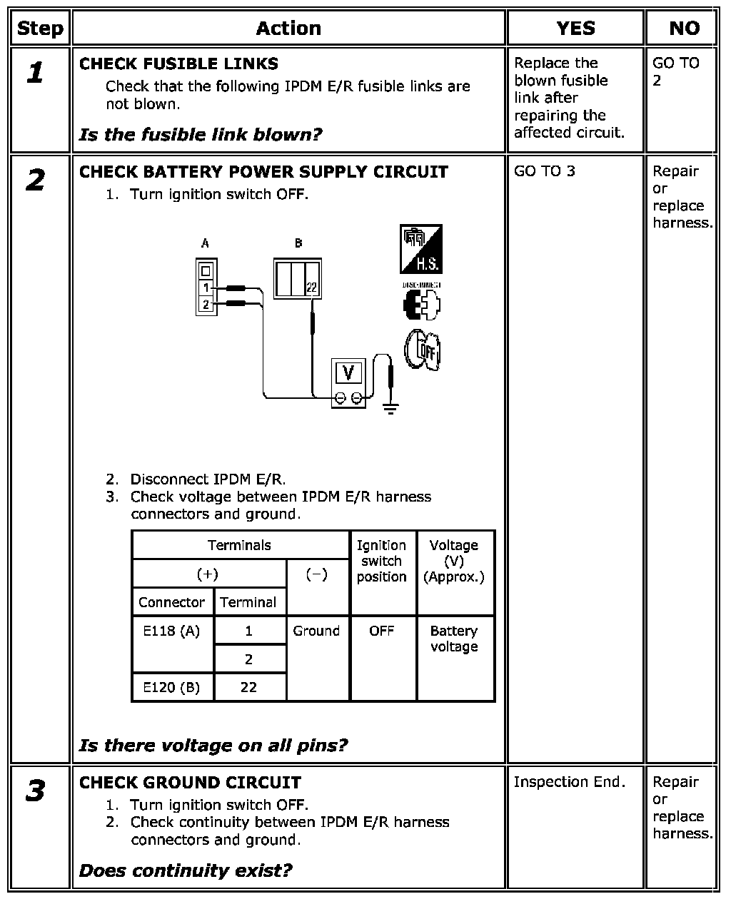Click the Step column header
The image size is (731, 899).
[40, 29]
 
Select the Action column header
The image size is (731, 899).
[288, 29]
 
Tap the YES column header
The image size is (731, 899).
[575, 29]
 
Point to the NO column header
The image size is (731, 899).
[684, 29]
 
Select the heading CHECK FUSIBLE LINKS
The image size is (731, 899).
[178, 64]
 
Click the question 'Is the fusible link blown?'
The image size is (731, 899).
[201, 134]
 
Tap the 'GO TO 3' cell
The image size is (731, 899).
[544, 171]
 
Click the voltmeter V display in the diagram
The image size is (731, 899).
[348, 372]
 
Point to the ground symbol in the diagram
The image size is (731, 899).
[390, 408]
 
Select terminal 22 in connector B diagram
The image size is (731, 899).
[311, 288]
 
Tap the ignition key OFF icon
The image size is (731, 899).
[422, 350]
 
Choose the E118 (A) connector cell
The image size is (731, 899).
[171, 631]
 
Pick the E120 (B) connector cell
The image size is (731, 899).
[171, 687]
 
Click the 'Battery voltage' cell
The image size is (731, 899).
[454, 639]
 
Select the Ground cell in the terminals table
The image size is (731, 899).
[316, 631]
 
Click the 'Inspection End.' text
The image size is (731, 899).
[569, 782]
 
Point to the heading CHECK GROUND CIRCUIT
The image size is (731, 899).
[190, 783]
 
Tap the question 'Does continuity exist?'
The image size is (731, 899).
[186, 870]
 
